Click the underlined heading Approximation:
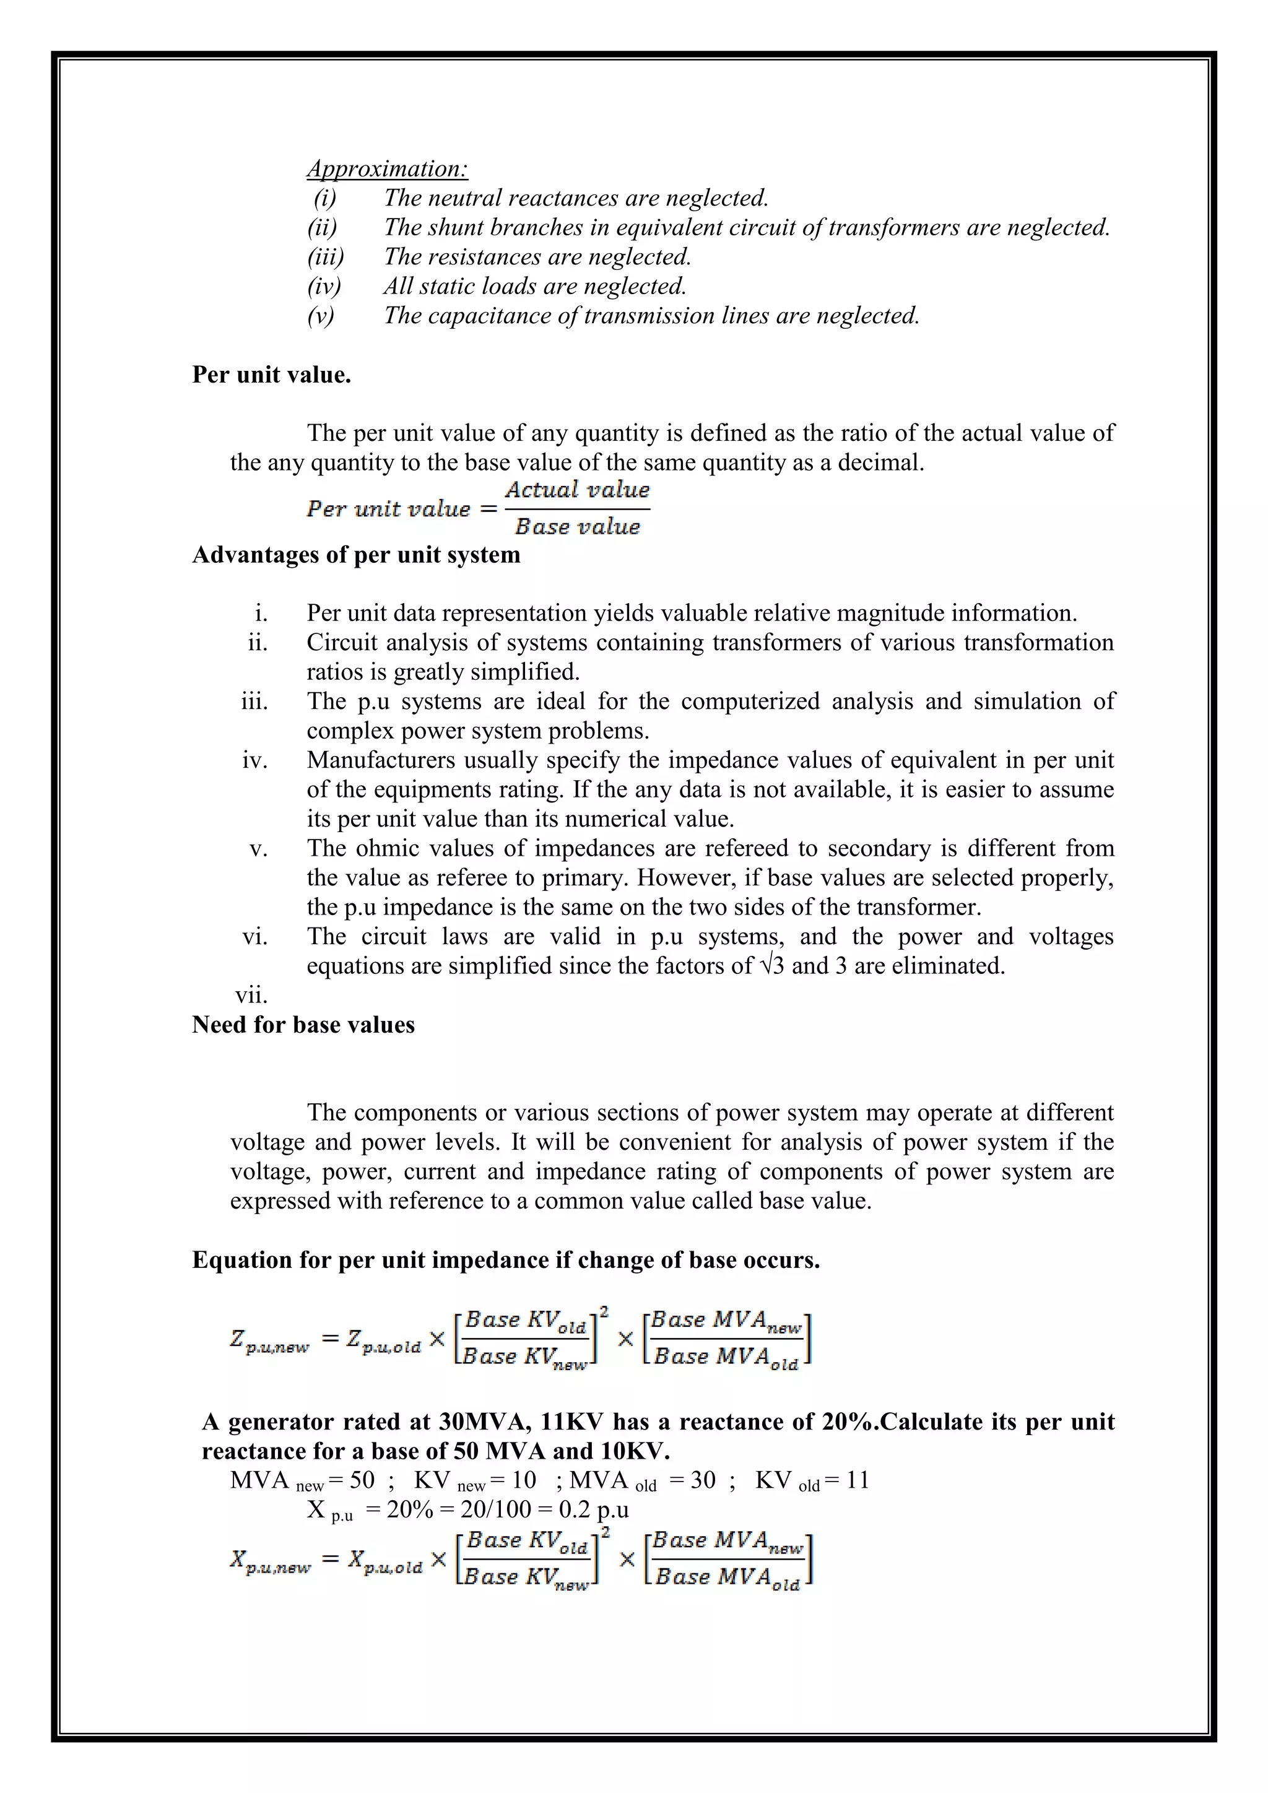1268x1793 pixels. coord(387,168)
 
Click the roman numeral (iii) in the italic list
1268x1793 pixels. coord(325,257)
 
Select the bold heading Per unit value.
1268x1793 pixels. coord(271,375)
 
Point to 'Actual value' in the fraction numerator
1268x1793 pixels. coord(577,490)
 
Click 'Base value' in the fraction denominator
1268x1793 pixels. coord(577,527)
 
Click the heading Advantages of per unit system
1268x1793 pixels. coord(356,555)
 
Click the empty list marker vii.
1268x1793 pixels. coord(251,996)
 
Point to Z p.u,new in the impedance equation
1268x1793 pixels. coord(269,1341)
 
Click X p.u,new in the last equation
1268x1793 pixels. coord(269,1562)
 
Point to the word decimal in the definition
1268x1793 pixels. coord(880,462)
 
